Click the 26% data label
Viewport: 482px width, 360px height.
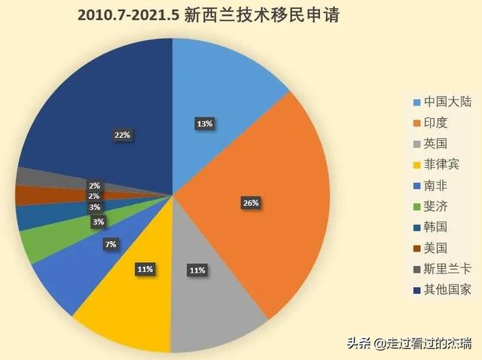click(251, 203)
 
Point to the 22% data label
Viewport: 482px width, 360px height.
click(122, 135)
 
